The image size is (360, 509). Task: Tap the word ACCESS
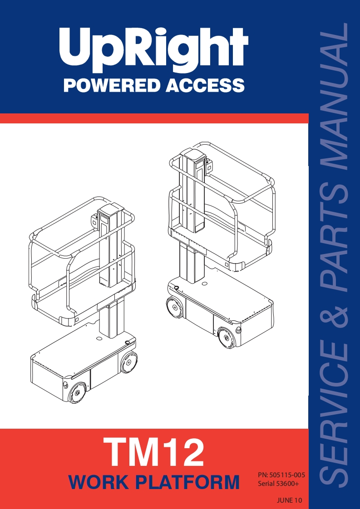click(205, 85)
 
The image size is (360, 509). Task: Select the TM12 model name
click(154, 451)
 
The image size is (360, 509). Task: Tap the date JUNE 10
click(290, 500)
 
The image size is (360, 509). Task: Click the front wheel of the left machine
click(77, 392)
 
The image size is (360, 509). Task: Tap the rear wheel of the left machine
click(128, 362)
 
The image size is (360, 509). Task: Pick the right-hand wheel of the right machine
click(227, 338)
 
